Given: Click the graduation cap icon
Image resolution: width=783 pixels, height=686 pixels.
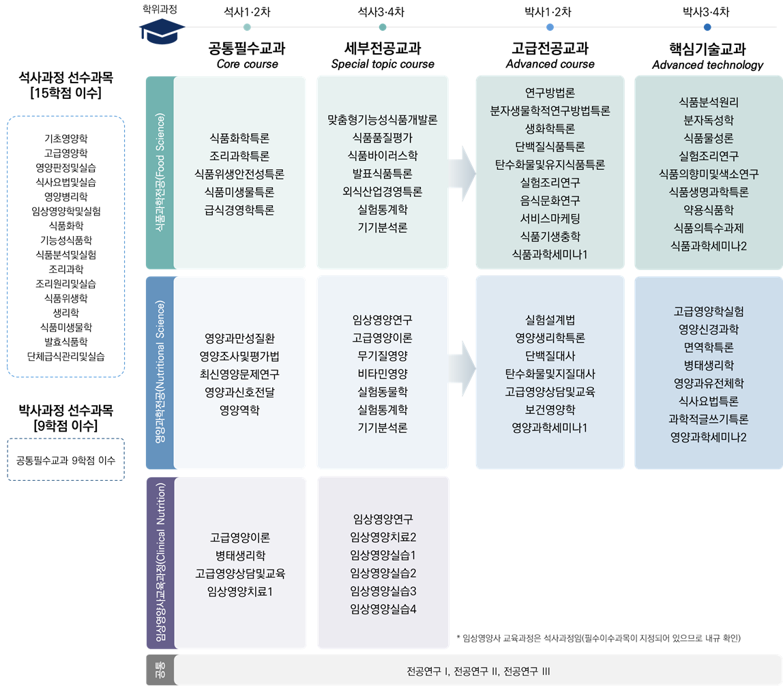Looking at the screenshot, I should (162, 31).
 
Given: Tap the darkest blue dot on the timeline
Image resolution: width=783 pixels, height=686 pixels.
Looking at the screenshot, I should (707, 27).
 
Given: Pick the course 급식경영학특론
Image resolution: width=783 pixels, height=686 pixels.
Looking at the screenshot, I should (239, 211).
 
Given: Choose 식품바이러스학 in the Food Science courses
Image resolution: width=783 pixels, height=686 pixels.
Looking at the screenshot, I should (383, 155).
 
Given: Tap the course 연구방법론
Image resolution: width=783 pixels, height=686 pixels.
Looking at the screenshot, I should (550, 93).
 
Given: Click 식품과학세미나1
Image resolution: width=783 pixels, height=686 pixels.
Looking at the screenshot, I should (550, 254).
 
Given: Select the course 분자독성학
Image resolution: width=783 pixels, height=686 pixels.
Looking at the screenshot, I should (709, 121).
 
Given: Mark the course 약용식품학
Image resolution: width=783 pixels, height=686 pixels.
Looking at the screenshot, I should (709, 210).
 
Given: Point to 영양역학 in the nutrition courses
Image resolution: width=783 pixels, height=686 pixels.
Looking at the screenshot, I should (239, 410).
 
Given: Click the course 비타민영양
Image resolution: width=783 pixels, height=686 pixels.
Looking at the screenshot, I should (383, 373).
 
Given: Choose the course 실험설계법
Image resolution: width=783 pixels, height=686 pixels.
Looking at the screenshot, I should (550, 320).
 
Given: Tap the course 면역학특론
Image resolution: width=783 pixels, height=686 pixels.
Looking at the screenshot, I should (709, 347).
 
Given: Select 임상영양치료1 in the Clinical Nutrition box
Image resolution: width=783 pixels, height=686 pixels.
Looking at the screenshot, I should (239, 591).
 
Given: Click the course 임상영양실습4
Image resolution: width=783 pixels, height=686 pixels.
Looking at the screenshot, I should (383, 608).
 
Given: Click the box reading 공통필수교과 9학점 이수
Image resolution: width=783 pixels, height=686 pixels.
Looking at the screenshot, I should (66, 460).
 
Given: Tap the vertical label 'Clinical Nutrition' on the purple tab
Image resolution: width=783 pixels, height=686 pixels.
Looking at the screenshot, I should (160, 563).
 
